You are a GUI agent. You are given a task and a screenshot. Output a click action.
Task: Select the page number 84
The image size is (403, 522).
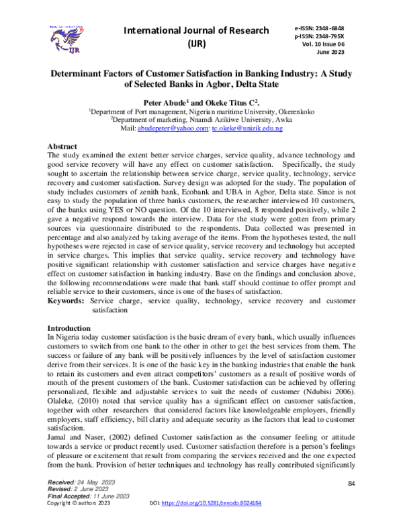point(351,484)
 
